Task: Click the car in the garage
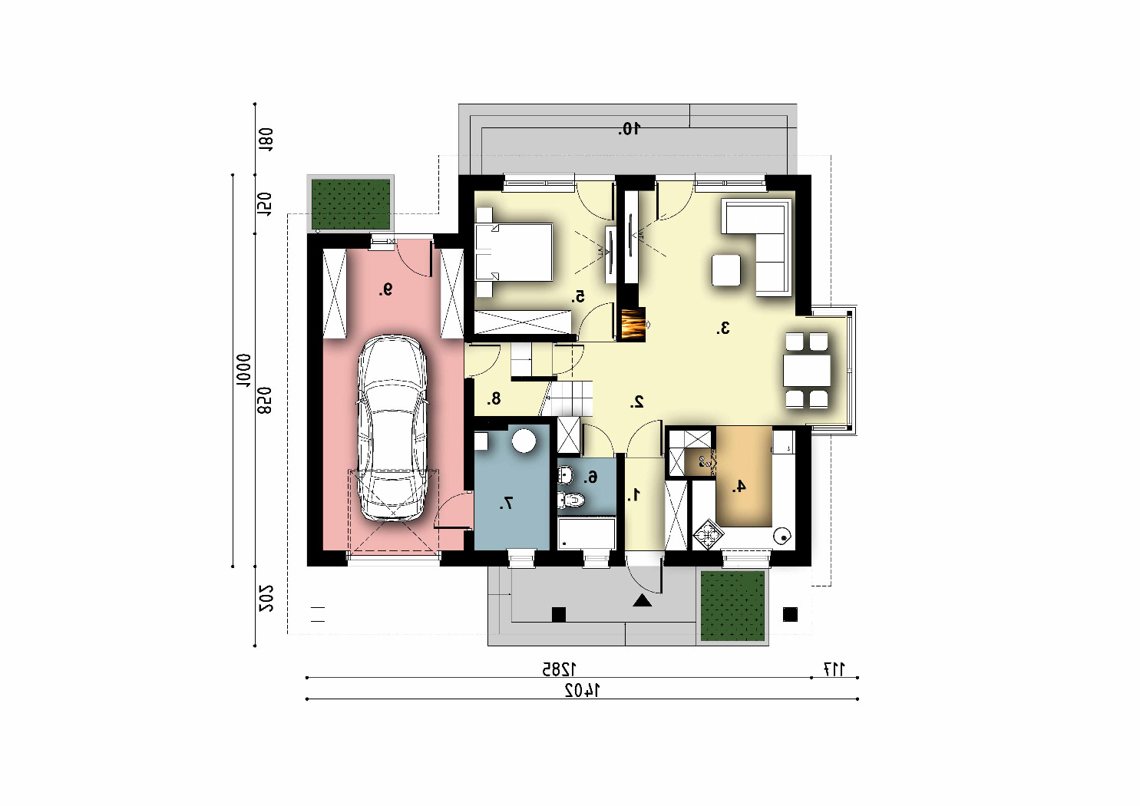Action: point(392,428)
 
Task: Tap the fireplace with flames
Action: point(633,325)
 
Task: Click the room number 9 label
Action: point(386,290)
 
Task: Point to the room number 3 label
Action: point(723,329)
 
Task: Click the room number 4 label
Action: point(739,487)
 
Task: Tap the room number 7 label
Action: point(506,504)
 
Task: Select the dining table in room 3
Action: point(807,371)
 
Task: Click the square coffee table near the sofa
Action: point(726,270)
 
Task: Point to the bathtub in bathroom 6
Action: point(587,533)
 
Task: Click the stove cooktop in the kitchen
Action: point(709,535)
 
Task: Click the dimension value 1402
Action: point(583,690)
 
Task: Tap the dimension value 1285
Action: point(558,669)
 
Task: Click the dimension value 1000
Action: point(244,371)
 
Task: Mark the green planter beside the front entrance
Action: point(733,606)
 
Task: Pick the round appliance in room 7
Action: point(524,441)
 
